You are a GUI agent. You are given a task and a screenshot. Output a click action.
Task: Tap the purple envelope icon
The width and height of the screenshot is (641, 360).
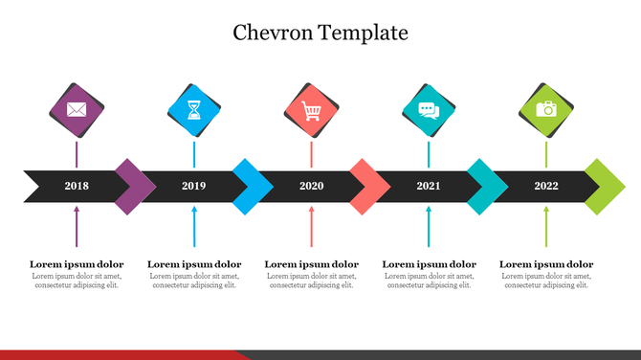[x=77, y=109]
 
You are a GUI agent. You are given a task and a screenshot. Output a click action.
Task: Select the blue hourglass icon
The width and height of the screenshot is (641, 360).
[x=194, y=110]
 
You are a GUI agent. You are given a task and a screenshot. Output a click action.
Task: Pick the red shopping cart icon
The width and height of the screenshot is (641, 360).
[x=311, y=110]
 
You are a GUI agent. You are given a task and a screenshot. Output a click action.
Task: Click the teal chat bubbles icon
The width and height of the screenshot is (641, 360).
[x=429, y=110]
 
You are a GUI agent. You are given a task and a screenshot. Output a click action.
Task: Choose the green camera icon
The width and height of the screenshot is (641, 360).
[x=546, y=109]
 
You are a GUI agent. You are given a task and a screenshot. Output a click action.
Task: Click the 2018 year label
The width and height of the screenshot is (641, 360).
[x=77, y=186]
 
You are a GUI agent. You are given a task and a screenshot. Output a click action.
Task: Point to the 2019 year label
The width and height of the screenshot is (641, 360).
[x=194, y=186]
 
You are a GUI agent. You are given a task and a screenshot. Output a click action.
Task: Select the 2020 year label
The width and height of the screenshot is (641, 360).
[x=311, y=186]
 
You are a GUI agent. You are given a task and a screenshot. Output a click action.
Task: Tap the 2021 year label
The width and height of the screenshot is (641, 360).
[x=429, y=186]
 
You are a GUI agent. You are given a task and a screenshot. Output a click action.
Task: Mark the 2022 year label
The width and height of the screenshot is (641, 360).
[x=546, y=186]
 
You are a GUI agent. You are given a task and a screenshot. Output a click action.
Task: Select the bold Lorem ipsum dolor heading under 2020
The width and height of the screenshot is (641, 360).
[x=311, y=264]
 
